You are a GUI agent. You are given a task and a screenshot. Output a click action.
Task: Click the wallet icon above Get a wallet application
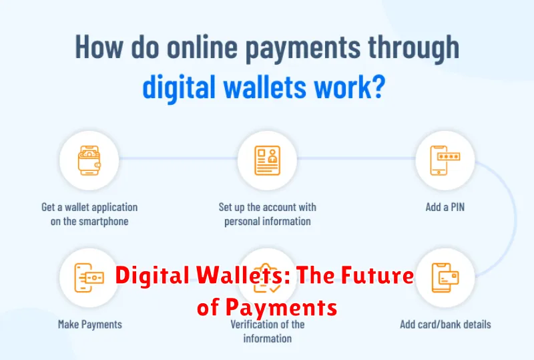coord(89,160)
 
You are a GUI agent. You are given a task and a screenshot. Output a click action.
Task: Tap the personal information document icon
coord(268,160)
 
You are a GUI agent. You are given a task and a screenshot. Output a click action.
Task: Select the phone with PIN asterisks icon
coord(445,160)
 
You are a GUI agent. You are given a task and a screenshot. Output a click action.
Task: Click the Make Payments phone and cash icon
coord(89,277)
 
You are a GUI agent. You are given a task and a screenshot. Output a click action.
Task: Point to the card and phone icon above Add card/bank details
coord(445,277)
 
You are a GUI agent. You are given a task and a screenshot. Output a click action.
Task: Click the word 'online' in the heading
coord(202,47)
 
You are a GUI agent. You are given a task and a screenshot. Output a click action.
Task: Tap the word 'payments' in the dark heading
coord(303,50)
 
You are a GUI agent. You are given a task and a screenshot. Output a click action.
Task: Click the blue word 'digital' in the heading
coord(179,87)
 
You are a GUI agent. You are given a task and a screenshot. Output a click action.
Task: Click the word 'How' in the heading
coord(99,47)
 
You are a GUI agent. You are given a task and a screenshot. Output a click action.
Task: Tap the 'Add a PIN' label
coord(445,207)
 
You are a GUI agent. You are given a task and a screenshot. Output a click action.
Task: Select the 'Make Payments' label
coord(90,324)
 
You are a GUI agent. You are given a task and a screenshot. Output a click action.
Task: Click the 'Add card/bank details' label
coord(445,324)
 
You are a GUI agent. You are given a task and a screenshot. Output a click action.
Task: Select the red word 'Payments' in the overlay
coord(281,307)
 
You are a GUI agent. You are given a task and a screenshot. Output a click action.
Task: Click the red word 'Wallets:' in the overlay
coord(243,275)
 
